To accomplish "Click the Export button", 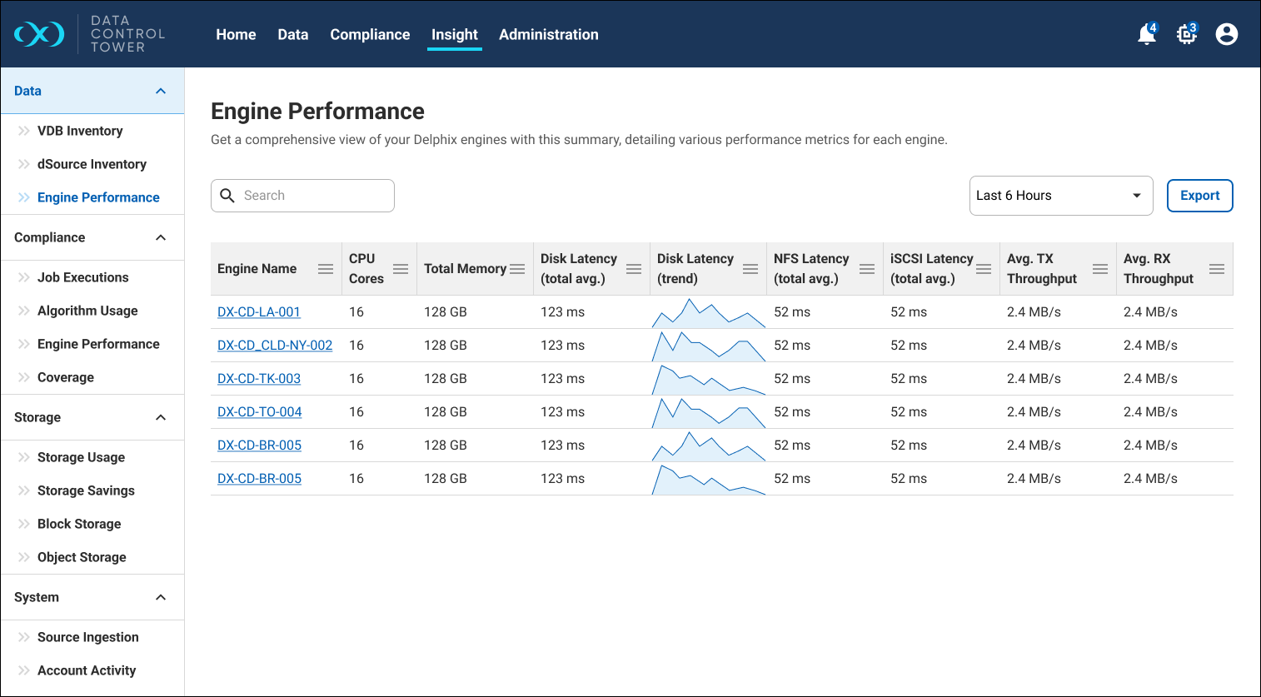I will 1199,196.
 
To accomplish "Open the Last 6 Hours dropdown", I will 1060,196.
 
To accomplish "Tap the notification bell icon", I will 1147,35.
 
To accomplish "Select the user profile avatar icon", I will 1226,34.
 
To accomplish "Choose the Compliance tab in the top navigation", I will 370,35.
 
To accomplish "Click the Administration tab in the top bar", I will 548,35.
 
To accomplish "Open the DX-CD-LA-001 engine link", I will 259,312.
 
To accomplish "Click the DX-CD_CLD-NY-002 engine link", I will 275,346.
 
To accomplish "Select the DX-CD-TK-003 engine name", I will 259,379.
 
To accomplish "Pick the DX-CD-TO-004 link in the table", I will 260,412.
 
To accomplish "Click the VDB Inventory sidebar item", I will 80,131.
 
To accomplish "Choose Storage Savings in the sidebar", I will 86,490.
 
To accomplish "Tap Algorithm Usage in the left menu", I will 87,311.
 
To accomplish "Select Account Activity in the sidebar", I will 87,670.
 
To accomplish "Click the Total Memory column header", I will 465,269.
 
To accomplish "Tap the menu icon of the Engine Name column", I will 326,269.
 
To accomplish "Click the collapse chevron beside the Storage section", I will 161,417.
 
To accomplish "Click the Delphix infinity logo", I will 39,34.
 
